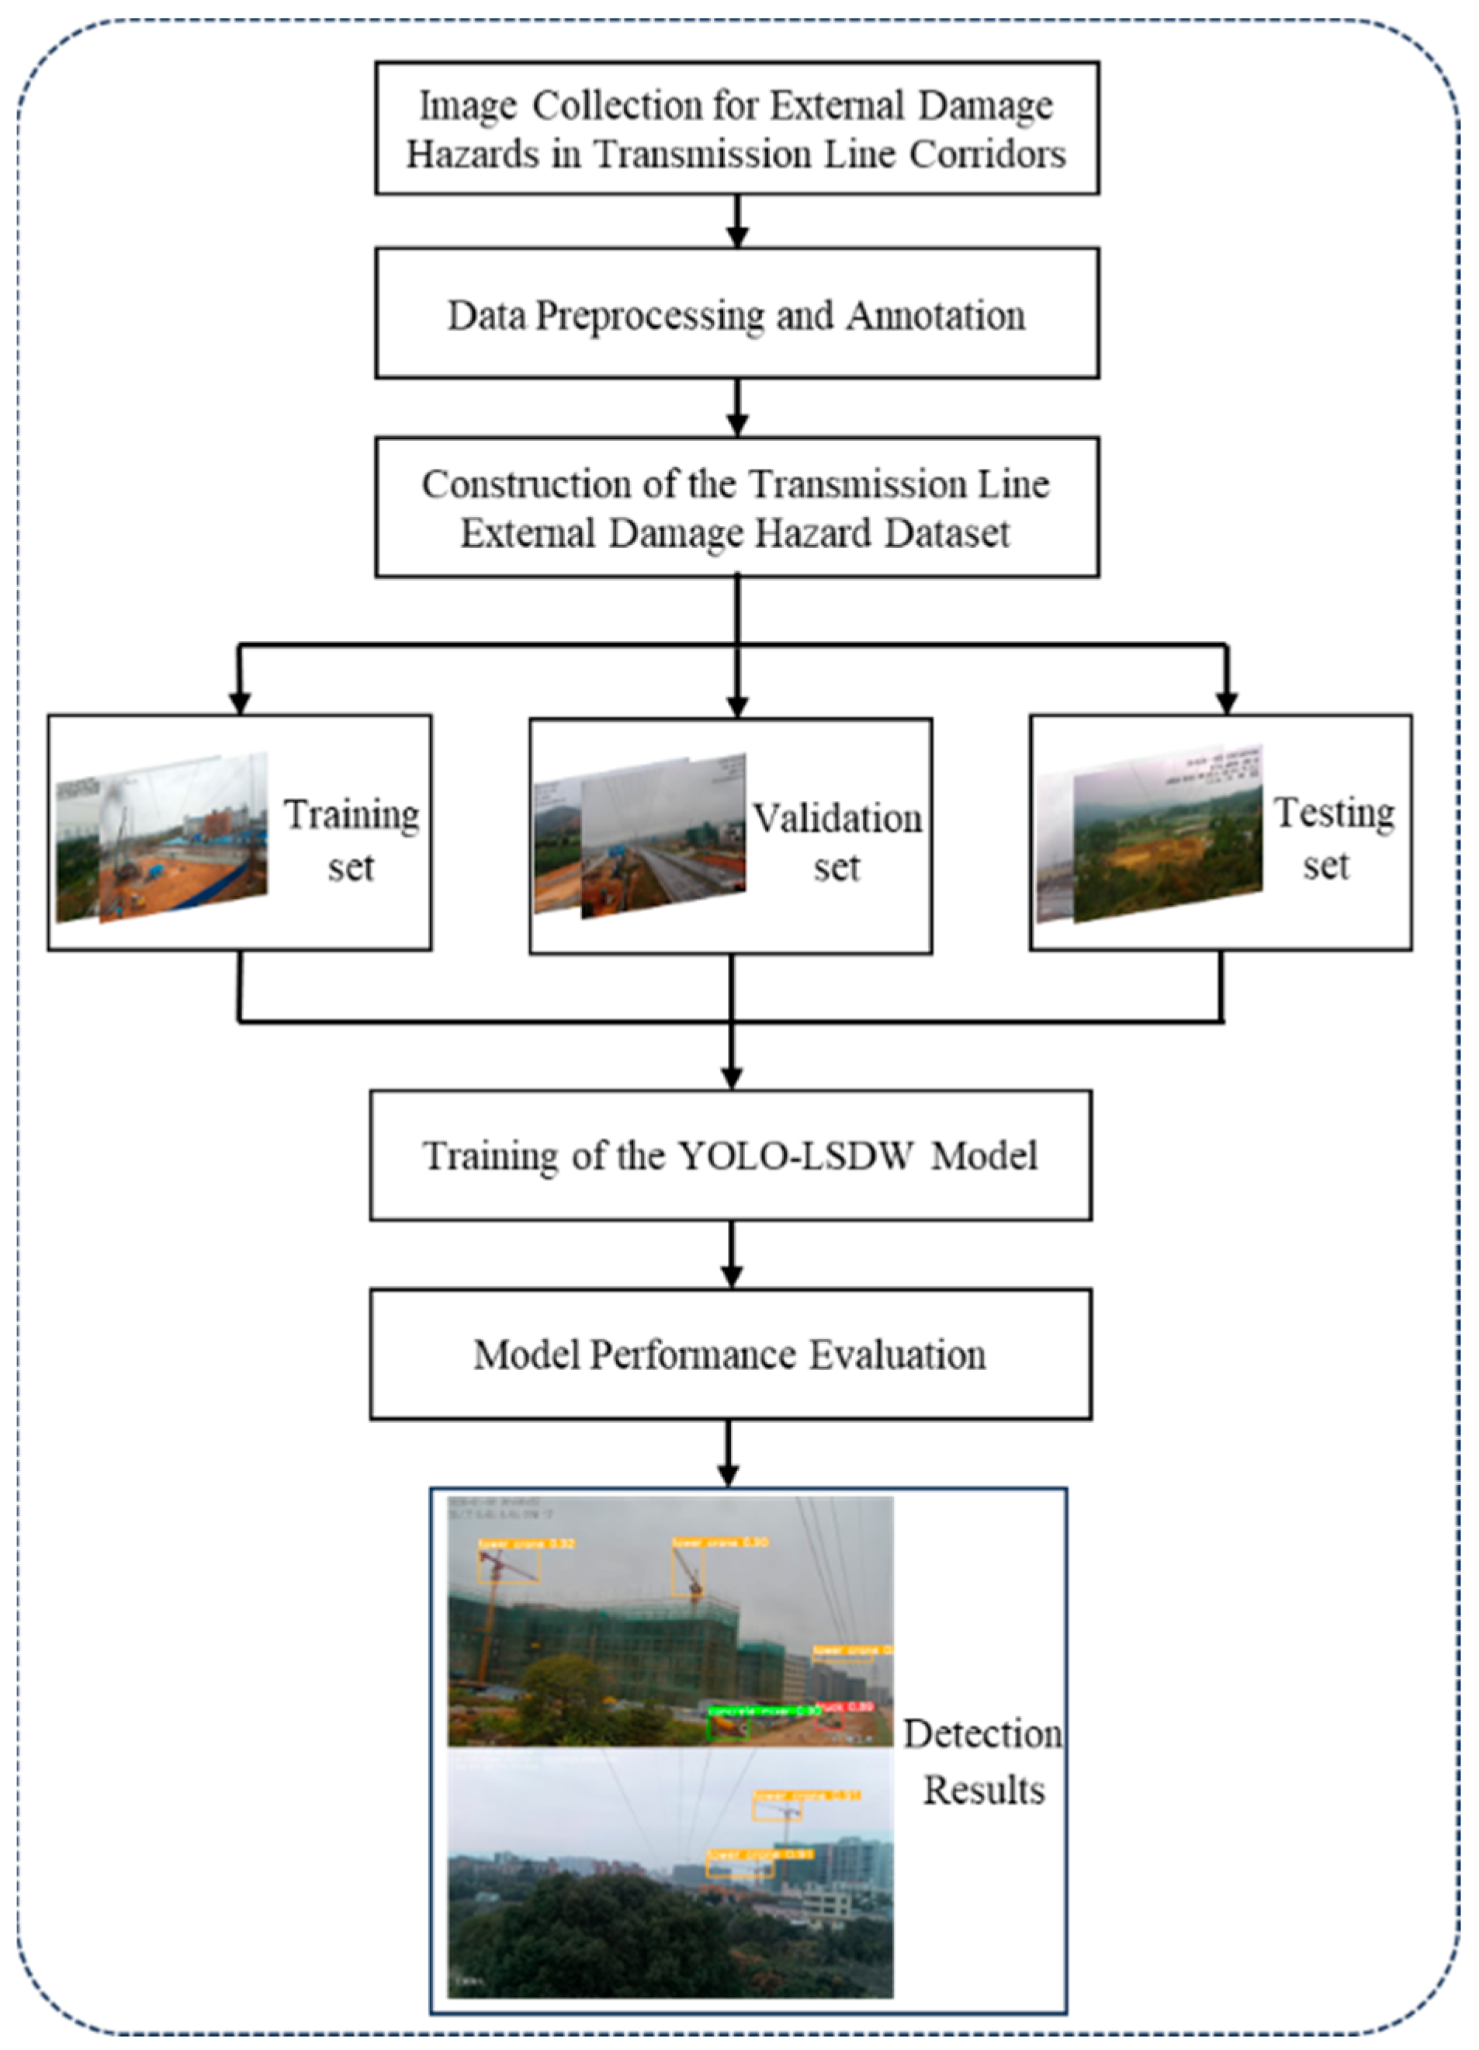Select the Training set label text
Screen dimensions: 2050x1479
(x=352, y=840)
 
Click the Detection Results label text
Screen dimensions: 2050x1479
(x=983, y=1762)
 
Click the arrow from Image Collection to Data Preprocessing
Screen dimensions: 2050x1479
(x=737, y=221)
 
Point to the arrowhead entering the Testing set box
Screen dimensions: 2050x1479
(x=1226, y=703)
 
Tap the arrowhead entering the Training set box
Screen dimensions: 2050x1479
(x=240, y=703)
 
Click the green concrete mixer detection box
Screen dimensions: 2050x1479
(x=727, y=1725)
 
